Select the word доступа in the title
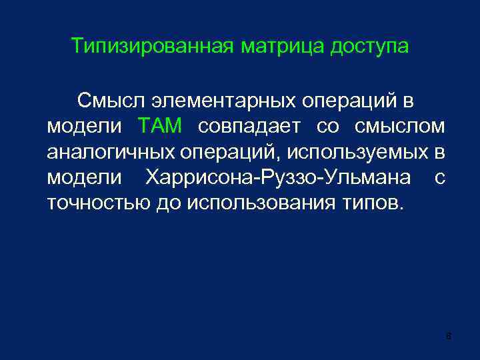click(371, 47)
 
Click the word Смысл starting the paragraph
click(110, 101)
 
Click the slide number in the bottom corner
click(449, 336)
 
